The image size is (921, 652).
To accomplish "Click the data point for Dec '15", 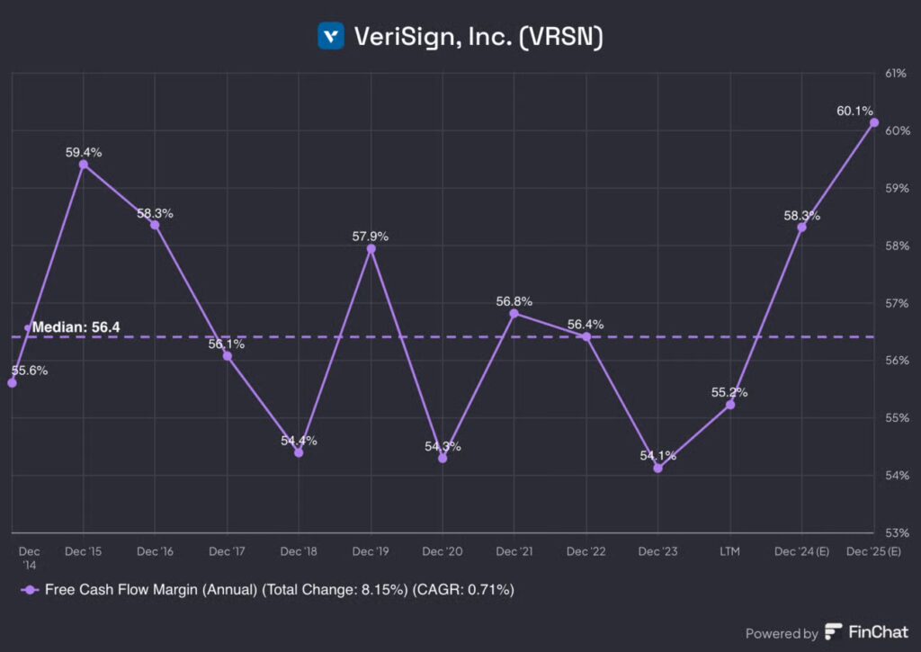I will (x=84, y=165).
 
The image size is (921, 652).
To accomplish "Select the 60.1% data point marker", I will (x=873, y=122).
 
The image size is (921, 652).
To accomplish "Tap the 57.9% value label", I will (x=370, y=237).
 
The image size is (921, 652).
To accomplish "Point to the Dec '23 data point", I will (x=657, y=468).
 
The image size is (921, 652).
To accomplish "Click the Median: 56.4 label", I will (x=76, y=328).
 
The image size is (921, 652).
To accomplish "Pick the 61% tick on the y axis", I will (x=897, y=74).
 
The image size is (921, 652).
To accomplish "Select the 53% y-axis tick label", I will (x=897, y=532).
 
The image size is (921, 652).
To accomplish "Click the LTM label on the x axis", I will (x=729, y=550).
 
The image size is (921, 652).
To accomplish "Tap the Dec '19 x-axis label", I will (x=370, y=550).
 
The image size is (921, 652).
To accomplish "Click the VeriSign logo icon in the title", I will (x=331, y=36).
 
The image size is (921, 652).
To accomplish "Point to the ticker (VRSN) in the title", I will (x=558, y=37).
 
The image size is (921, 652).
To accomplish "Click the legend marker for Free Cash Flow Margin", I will (x=30, y=590).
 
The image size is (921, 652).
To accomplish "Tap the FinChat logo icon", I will (x=834, y=632).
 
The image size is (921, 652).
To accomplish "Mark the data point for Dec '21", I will (x=514, y=313).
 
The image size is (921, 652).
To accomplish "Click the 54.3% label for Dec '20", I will (x=442, y=446).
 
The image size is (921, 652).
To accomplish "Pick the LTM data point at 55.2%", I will (x=730, y=405).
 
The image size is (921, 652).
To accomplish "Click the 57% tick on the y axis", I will (x=897, y=303).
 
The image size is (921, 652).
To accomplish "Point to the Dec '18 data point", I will (x=299, y=452).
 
